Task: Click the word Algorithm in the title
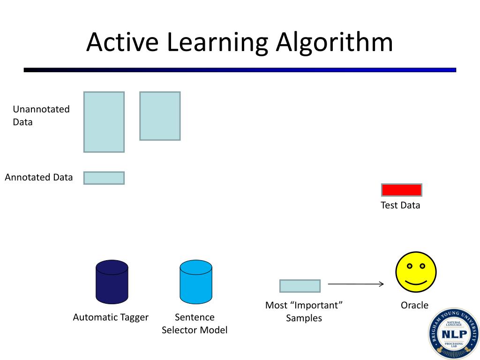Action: point(334,43)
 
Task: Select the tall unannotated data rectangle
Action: point(104,122)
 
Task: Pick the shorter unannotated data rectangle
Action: point(160,116)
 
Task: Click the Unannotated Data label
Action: point(41,115)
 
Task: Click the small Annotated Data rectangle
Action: point(104,178)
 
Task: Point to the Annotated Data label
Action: point(39,177)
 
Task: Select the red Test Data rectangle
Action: point(402,190)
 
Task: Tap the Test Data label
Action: point(400,205)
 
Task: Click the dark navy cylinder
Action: point(112,282)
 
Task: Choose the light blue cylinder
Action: point(196,282)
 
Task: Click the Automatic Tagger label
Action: point(111,317)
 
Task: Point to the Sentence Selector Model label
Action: point(195,323)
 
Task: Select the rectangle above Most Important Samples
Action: point(300,286)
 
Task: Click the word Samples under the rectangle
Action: point(304,318)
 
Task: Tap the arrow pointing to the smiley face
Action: point(356,284)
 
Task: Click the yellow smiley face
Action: point(416,272)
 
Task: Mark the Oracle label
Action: point(414,305)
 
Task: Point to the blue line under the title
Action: point(240,70)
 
